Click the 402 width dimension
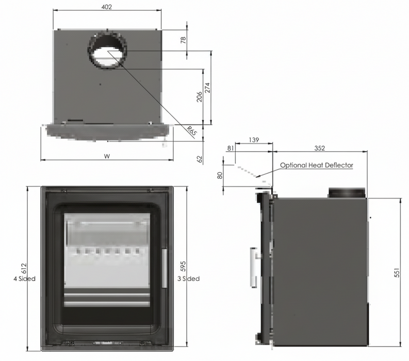[x=107, y=7]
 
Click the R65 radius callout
[x=192, y=130]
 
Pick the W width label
[x=107, y=156]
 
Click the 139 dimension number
[x=253, y=140]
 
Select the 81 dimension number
[x=230, y=149]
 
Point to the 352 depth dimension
[x=319, y=149]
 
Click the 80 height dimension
[x=220, y=175]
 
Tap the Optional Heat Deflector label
[x=317, y=166]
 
